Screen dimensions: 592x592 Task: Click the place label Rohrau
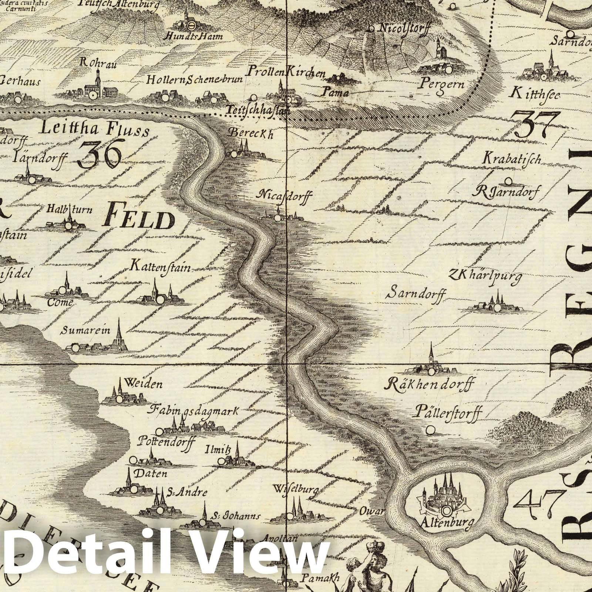[x=98, y=63]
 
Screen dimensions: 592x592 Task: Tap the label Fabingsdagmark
[x=194, y=410]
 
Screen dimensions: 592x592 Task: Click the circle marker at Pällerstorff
[x=430, y=430]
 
